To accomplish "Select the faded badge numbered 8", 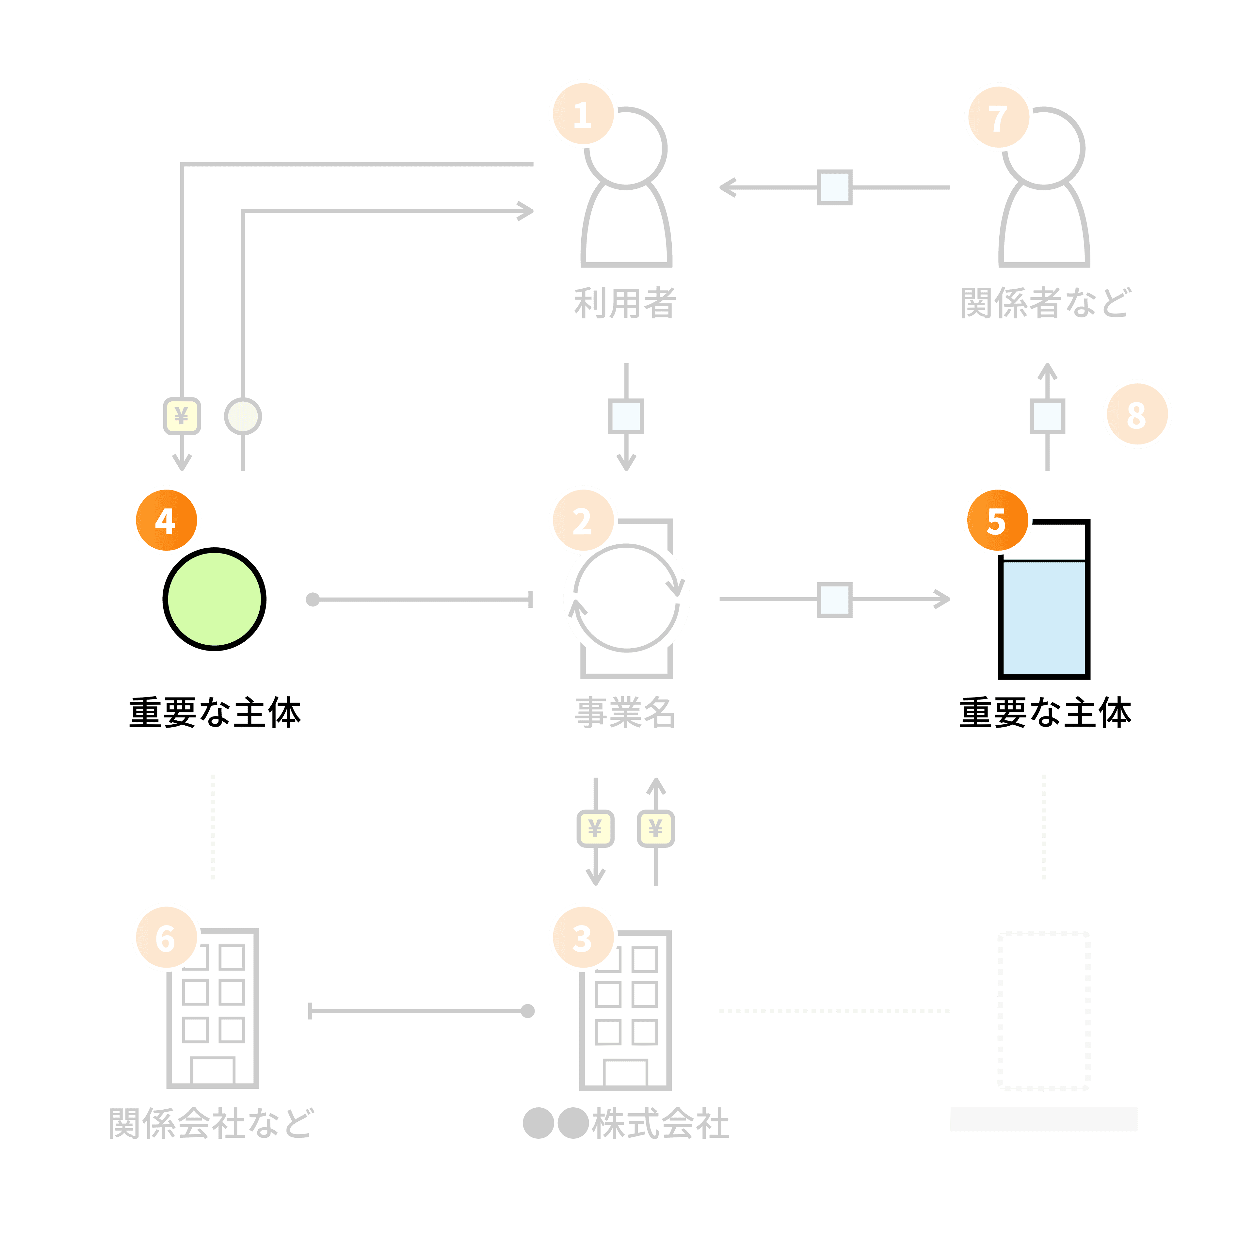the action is [1137, 414].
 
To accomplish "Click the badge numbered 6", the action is [166, 937].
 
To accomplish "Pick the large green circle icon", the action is [214, 599].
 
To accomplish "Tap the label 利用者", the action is [625, 303].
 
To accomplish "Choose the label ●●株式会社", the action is [626, 1123].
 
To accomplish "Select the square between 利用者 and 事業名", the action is [626, 416].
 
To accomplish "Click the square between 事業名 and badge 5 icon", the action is [835, 599].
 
